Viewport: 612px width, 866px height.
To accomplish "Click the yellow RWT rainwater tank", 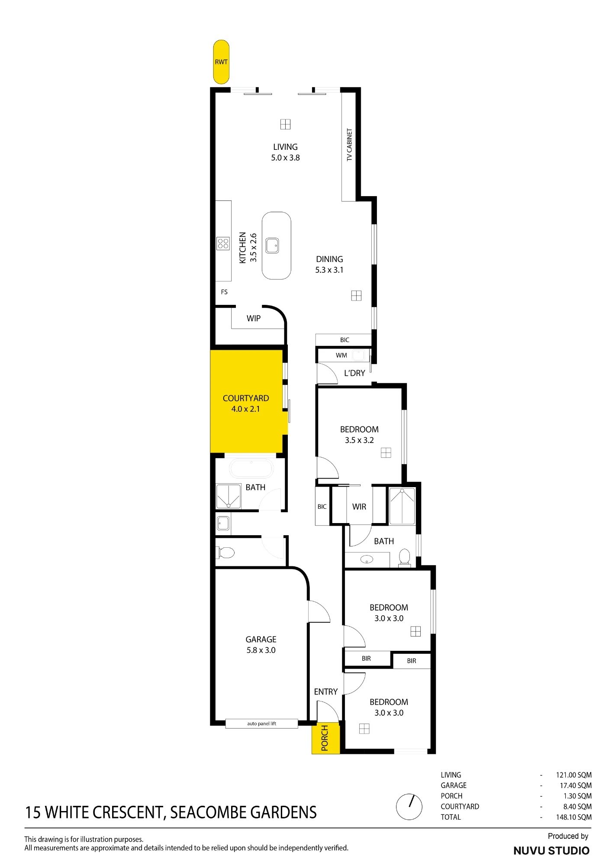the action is click(221, 62).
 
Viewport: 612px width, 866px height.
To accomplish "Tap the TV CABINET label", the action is click(349, 145).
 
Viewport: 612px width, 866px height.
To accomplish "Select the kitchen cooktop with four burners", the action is click(223, 244).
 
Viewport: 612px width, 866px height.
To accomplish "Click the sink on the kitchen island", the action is click(272, 246).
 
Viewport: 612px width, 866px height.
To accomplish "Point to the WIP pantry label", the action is click(254, 318).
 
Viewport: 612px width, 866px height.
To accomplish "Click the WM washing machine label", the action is click(341, 355).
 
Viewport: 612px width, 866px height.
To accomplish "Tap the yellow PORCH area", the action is click(325, 738).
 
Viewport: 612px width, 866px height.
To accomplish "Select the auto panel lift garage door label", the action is click(261, 724).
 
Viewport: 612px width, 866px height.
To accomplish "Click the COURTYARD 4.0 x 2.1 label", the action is click(246, 404).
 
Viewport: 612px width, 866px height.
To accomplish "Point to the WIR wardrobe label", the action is click(359, 507).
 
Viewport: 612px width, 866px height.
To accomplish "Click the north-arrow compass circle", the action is click(409, 807).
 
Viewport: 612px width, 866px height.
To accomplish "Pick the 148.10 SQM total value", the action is click(574, 817).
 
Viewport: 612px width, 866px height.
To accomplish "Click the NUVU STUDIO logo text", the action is click(551, 851).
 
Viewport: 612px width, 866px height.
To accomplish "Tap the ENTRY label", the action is click(326, 692).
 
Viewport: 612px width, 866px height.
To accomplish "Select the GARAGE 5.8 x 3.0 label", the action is click(261, 645).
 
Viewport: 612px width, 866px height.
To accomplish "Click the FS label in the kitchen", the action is click(224, 292).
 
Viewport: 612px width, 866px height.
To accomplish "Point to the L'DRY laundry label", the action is click(354, 373).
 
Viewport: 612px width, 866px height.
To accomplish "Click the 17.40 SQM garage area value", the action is click(576, 785).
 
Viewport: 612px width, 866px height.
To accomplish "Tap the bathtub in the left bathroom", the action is click(251, 469).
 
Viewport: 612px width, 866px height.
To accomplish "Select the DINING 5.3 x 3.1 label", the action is click(329, 265).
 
